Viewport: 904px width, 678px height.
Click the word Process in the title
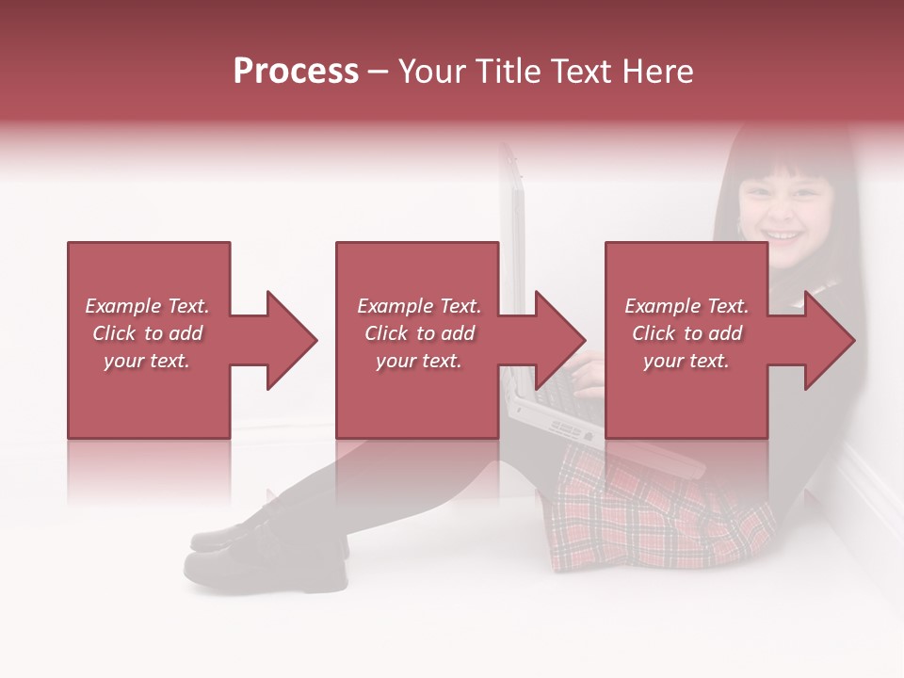[296, 72]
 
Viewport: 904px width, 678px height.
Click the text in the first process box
[147, 333]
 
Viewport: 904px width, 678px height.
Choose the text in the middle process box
[419, 333]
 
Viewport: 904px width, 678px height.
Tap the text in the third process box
[686, 333]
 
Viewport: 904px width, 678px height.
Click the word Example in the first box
[122, 306]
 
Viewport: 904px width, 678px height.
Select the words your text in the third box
[686, 361]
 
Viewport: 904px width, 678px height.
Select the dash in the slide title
[379, 72]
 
